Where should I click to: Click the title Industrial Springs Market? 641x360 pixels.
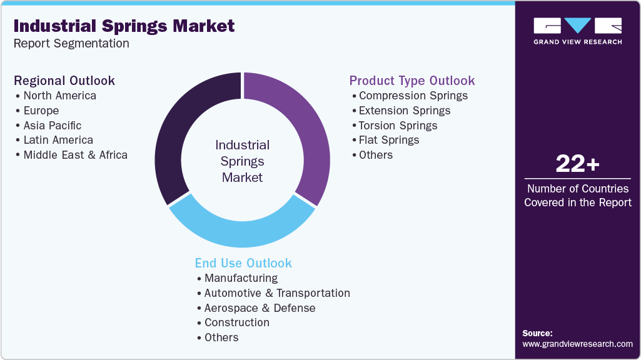(124, 26)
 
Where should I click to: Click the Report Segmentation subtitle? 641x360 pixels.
(71, 44)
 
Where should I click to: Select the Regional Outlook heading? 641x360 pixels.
(64, 81)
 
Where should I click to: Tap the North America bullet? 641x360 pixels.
(59, 96)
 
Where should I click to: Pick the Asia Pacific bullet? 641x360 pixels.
(52, 126)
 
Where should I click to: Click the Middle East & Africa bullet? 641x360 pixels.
(75, 155)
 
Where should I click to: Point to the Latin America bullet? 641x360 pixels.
(58, 140)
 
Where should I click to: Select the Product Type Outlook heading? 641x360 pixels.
(411, 81)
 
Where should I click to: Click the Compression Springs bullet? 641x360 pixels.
(413, 96)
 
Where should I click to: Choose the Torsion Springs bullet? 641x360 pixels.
(398, 126)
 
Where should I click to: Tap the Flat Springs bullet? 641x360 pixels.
(388, 140)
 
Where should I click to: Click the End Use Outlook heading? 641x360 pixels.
(243, 263)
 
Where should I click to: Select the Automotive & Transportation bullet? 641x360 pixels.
(277, 293)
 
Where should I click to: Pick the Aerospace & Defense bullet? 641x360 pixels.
(260, 308)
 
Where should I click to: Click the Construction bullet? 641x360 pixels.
(236, 322)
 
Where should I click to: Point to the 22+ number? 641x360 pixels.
(577, 164)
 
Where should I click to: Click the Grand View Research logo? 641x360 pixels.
(577, 31)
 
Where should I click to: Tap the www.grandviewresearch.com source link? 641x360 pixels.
(577, 344)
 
